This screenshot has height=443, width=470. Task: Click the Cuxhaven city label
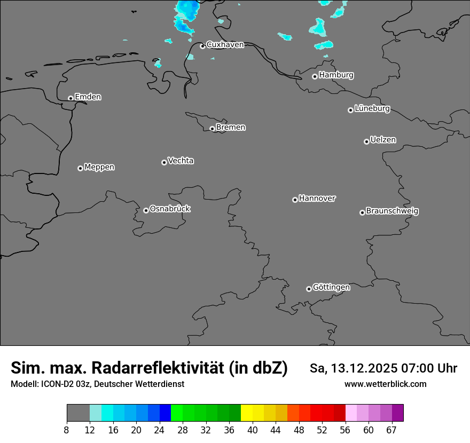(x=225, y=45)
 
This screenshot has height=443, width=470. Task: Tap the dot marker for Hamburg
(x=315, y=76)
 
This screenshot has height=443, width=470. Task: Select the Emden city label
(x=88, y=97)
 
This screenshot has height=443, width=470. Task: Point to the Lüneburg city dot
(x=350, y=110)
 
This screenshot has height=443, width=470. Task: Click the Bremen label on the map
(x=231, y=128)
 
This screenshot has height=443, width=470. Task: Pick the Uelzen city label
(x=383, y=140)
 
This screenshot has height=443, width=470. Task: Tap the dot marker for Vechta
(x=164, y=162)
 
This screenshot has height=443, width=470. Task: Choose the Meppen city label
(x=99, y=167)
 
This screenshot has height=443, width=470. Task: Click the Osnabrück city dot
(x=146, y=210)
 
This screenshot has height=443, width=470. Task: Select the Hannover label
(x=317, y=199)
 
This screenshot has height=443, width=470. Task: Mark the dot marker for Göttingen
(x=309, y=289)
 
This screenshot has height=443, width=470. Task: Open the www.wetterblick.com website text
(x=386, y=384)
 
